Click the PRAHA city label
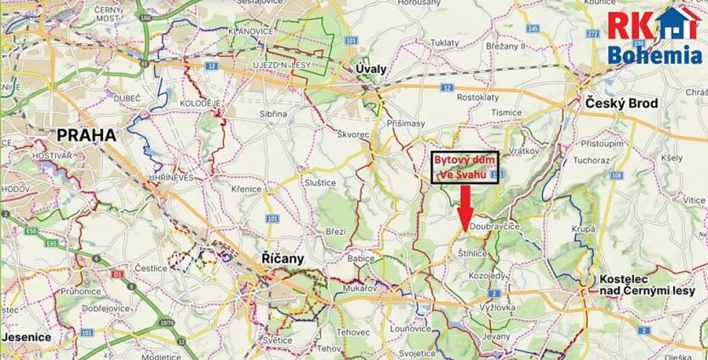coord(87,134)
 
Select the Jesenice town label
coord(27,337)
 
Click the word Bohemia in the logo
coord(656,58)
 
